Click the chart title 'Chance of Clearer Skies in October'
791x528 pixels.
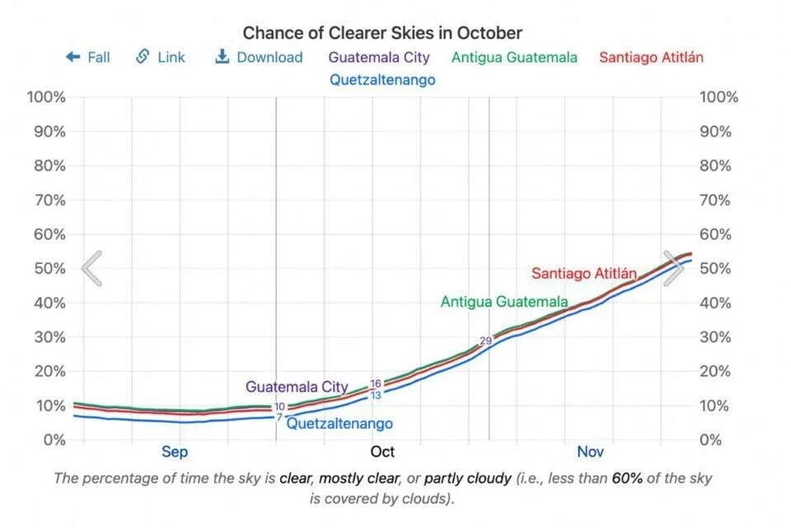[x=382, y=33]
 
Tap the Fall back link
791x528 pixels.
[x=88, y=57]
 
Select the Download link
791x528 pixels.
[x=259, y=57]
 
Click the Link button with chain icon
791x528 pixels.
[x=161, y=57]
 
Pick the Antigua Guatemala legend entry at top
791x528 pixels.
[x=514, y=57]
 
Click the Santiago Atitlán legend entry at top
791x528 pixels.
[x=651, y=57]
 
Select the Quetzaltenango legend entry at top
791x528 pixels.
[x=382, y=80]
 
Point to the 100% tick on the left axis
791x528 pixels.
[x=46, y=97]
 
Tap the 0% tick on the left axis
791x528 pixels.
[x=54, y=440]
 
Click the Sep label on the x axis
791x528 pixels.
[x=174, y=451]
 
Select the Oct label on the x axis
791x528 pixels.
[x=382, y=451]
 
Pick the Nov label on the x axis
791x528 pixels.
[x=590, y=451]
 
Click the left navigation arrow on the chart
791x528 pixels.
[x=92, y=268]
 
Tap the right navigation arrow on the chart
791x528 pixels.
[x=673, y=268]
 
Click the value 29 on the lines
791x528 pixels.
[x=485, y=341]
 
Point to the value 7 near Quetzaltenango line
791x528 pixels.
[x=279, y=417]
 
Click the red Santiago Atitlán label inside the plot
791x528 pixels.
[x=584, y=273]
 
